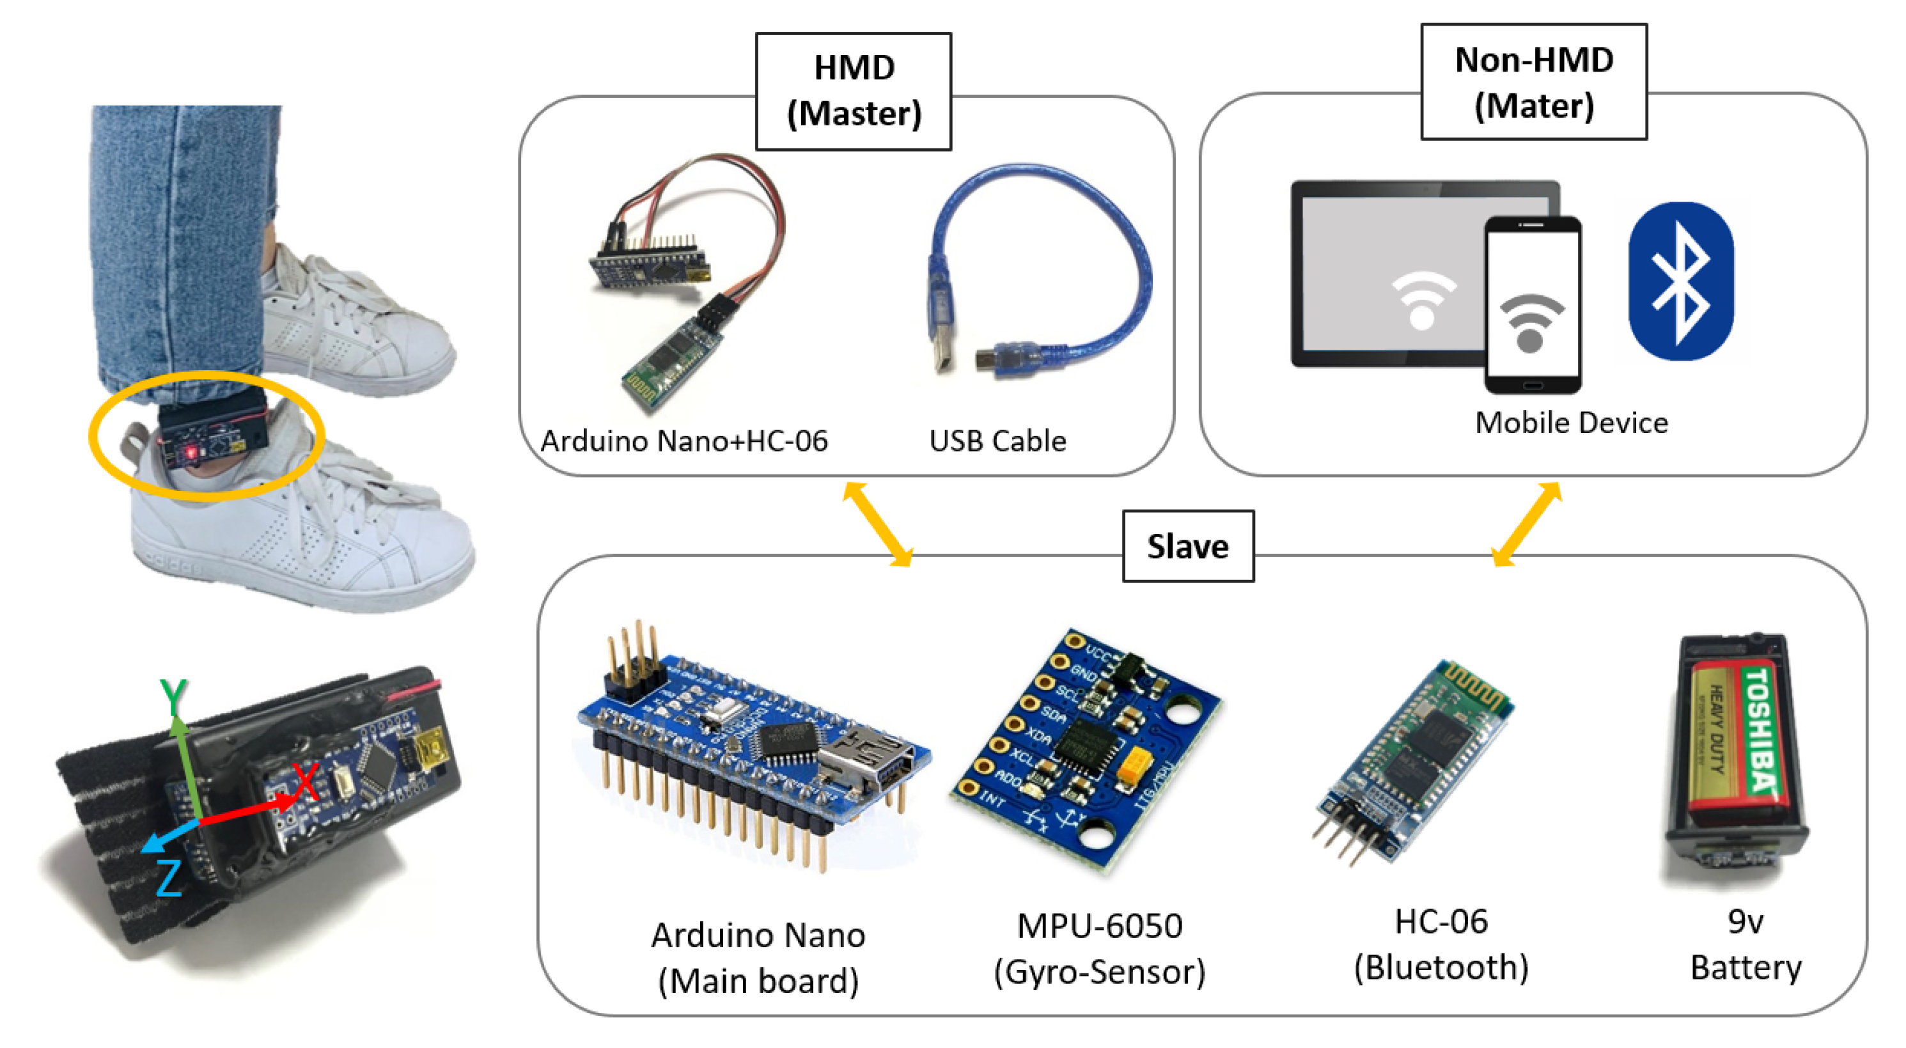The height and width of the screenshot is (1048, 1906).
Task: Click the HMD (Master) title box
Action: click(x=853, y=91)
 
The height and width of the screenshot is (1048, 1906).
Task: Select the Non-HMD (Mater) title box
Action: click(x=1533, y=81)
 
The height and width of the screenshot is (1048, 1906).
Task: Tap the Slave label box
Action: click(x=1187, y=546)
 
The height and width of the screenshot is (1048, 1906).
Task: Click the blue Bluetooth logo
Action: click(x=1680, y=281)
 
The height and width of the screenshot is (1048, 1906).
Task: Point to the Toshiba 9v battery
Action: click(x=1735, y=747)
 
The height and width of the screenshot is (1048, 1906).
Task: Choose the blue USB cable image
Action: click(x=1036, y=274)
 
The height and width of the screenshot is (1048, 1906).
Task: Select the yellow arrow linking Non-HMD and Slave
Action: click(x=1526, y=524)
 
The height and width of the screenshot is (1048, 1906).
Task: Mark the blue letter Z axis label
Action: click(x=169, y=878)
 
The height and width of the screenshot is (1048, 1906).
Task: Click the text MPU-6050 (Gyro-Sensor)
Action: click(x=1100, y=948)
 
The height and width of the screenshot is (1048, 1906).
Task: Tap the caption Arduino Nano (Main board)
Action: click(x=758, y=958)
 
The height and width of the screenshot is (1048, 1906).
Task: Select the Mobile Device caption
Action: click(x=1571, y=423)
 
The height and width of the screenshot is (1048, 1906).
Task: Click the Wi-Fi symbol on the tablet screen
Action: click(x=1421, y=300)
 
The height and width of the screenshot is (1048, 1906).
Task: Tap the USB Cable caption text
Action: click(x=997, y=441)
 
